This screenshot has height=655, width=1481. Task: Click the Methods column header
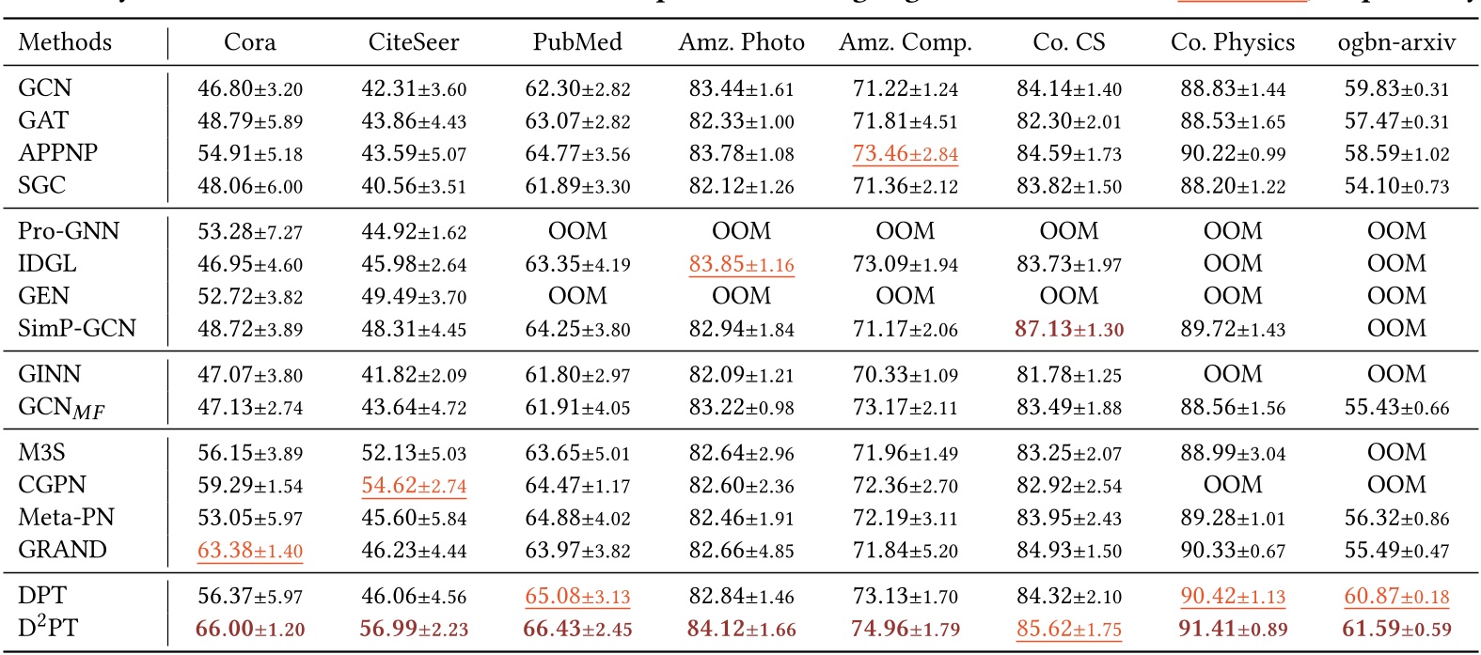coord(65,42)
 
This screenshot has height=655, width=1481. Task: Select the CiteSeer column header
coord(414,42)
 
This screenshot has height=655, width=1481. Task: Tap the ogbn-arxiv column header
coord(1396,42)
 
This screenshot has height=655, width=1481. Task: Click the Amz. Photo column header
coord(741,42)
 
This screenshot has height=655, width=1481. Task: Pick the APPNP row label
coord(57,152)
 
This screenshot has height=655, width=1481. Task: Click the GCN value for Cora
coord(250,88)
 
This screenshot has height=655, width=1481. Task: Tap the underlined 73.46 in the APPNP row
coord(906,153)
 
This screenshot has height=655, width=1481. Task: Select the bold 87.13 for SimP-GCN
coord(1069,329)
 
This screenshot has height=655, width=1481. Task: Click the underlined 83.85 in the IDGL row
coord(741,264)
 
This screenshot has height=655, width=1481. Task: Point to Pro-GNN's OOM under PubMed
coord(577,231)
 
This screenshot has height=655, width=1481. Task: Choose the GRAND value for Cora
coord(250,550)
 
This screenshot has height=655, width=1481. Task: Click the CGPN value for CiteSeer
coord(414,485)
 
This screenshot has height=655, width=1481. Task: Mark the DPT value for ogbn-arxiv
coord(1396,596)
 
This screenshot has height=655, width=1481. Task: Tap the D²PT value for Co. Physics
coord(1233,629)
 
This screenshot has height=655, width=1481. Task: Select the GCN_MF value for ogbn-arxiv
coord(1396,407)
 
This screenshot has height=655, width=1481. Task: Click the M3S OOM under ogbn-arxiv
coord(1396,453)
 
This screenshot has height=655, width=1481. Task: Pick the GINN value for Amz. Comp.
coord(906,374)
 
